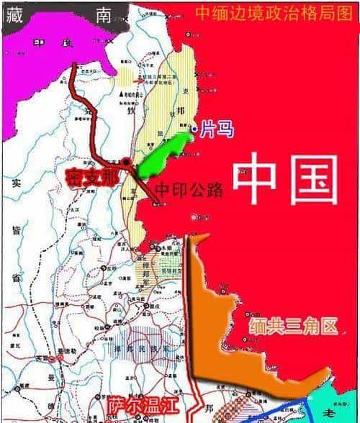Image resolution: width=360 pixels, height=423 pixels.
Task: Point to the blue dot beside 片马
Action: (x=194, y=130)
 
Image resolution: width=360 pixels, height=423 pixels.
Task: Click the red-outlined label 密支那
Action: (x=94, y=176)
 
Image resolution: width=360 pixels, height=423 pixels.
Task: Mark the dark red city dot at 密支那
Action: (x=127, y=163)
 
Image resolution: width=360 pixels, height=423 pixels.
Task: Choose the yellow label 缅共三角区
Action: (x=294, y=327)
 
